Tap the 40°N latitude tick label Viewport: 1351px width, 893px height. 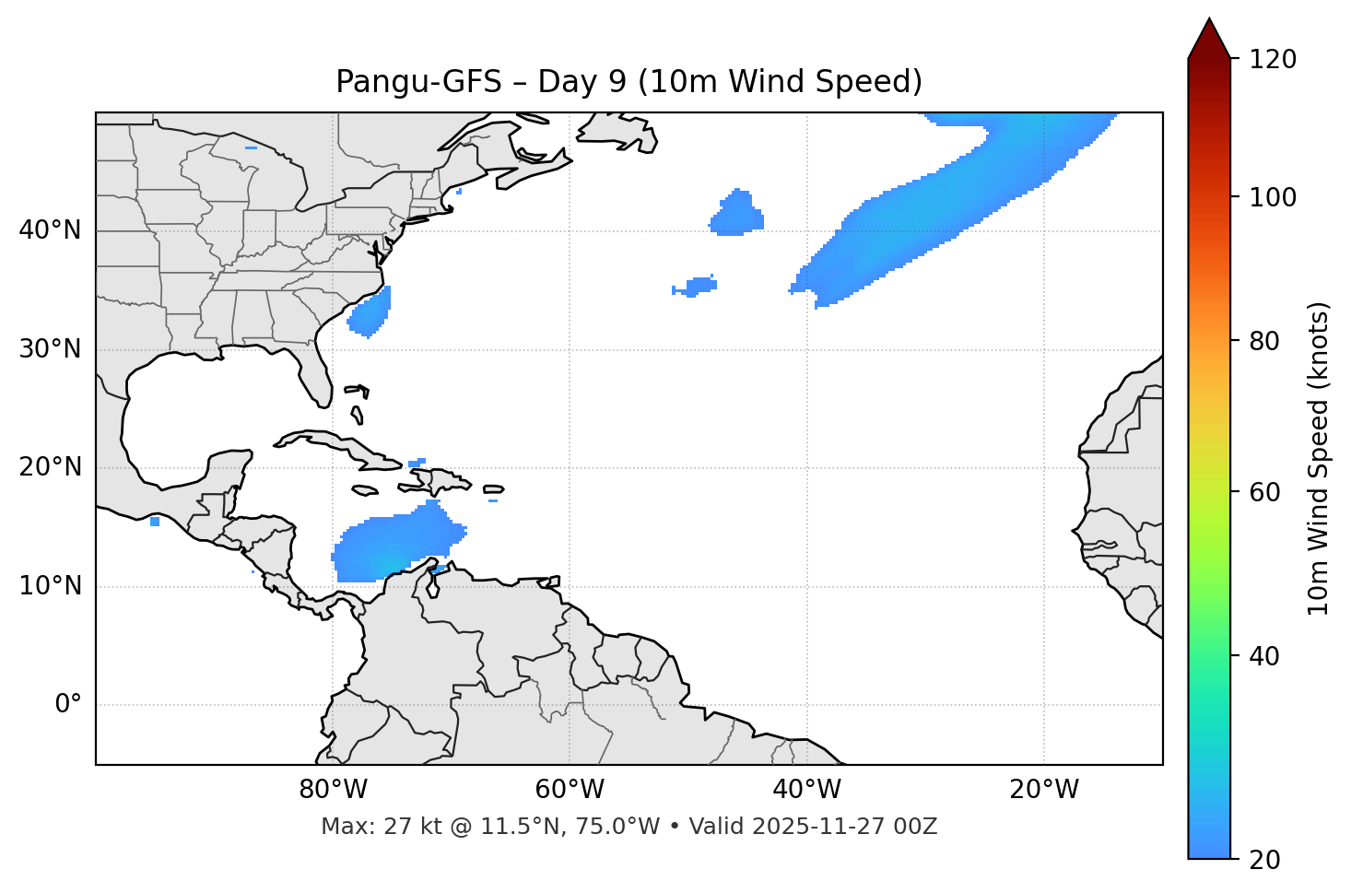click(50, 230)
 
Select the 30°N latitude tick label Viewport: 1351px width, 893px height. click(50, 349)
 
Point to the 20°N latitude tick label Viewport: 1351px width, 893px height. click(50, 467)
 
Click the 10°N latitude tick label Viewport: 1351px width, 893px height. click(50, 586)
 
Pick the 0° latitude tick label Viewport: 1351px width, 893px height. click(68, 705)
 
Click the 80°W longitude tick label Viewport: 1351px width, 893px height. click(333, 790)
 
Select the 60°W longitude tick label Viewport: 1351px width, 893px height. click(570, 790)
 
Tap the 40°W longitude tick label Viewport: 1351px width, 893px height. click(806, 790)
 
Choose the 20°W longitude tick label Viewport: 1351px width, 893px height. click(1043, 790)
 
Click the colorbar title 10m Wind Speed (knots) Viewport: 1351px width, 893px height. click(1319, 459)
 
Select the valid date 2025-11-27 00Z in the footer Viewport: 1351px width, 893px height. click(844, 827)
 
